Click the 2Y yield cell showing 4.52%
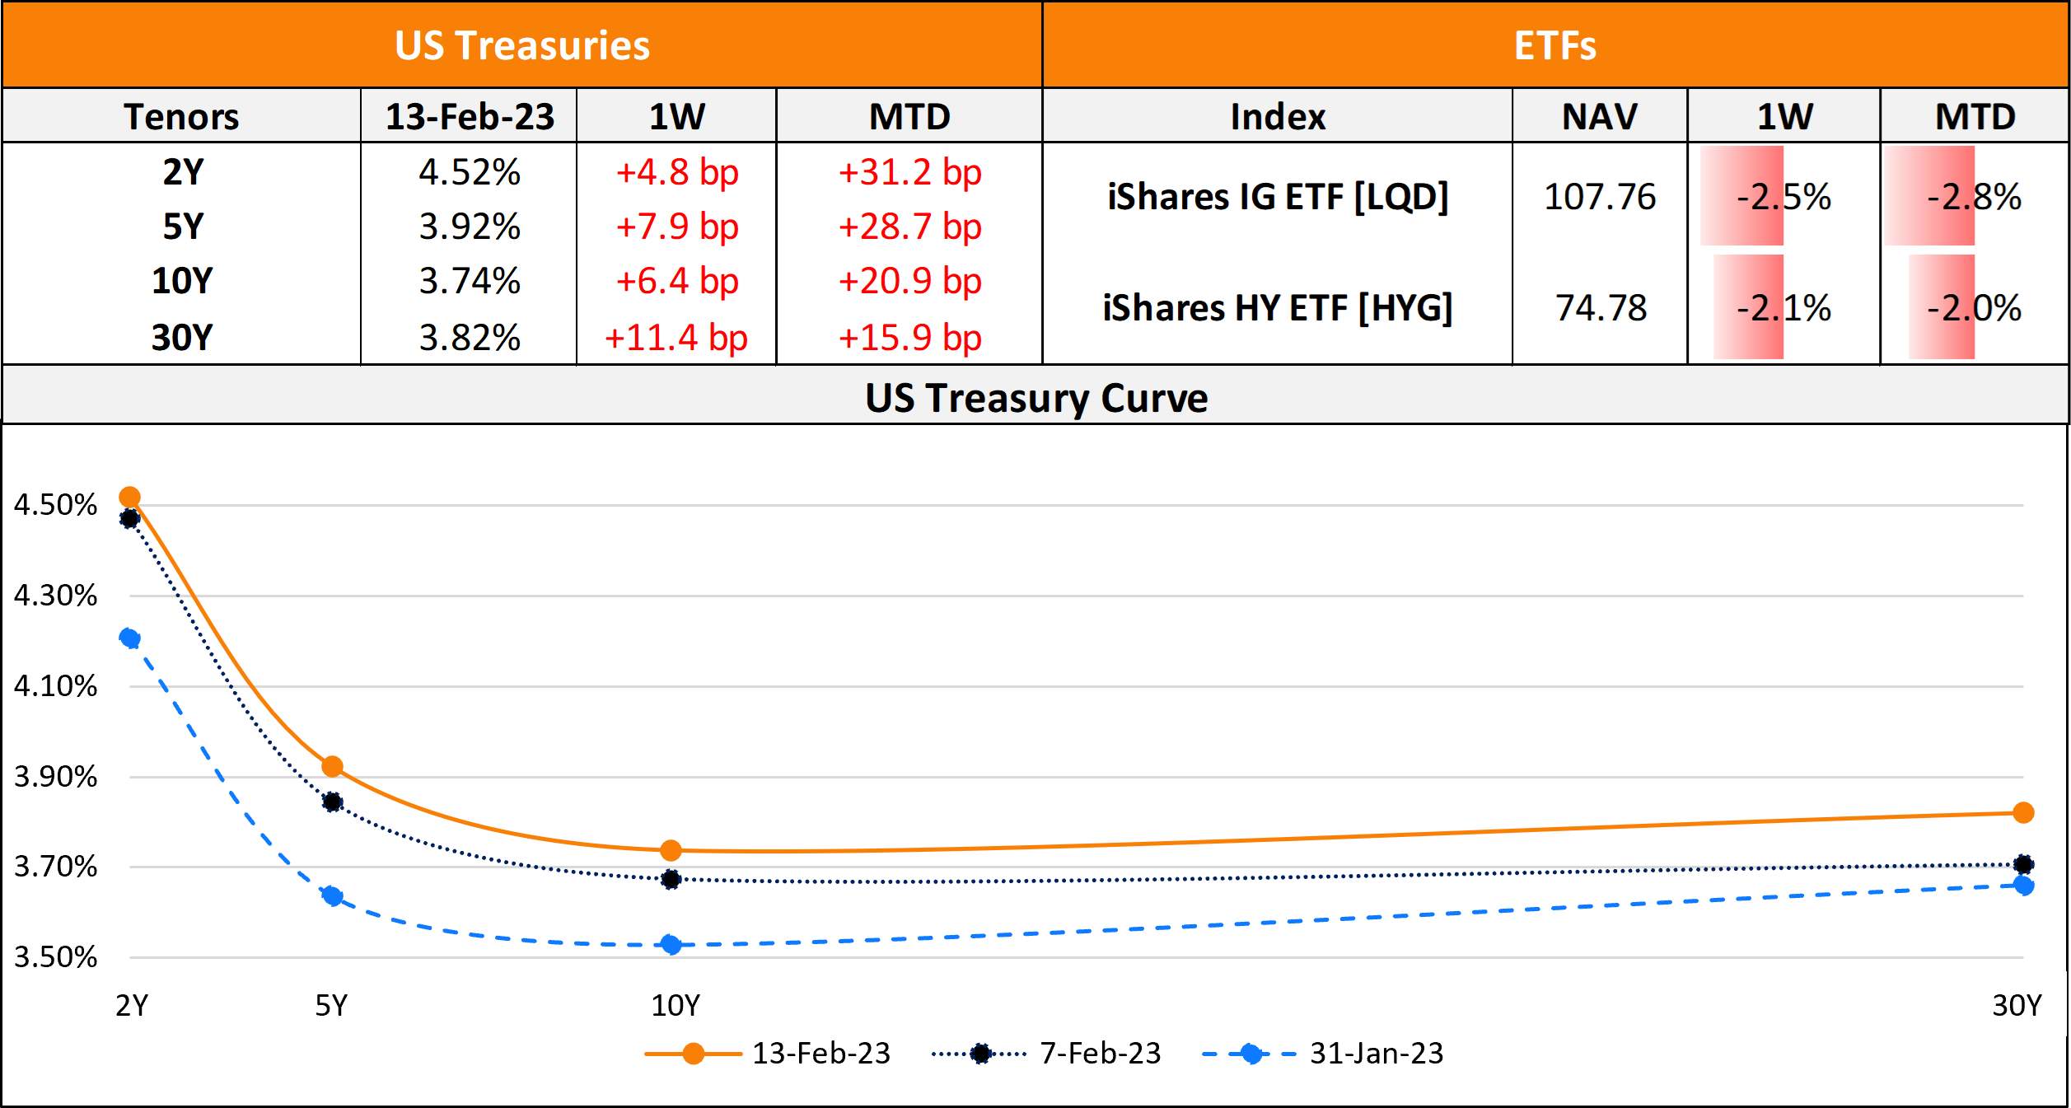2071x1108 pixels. [470, 173]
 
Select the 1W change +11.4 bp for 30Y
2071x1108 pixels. [676, 338]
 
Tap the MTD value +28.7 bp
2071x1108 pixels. [909, 227]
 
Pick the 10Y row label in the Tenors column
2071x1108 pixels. [182, 281]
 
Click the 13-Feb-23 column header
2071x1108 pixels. [470, 116]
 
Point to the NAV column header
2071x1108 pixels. [1599, 116]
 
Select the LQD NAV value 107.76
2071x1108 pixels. [1599, 197]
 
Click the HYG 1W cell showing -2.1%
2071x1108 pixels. [1783, 308]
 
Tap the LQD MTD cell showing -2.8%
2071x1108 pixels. [1974, 197]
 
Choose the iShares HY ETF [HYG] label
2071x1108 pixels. [1277, 308]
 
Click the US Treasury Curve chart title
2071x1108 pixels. [1035, 398]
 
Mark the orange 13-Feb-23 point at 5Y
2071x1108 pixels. [332, 767]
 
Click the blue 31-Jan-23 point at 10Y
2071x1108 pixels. [671, 944]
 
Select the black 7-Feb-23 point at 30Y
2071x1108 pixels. [2023, 864]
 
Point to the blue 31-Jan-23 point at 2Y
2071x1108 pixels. [129, 638]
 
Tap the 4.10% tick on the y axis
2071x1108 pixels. [55, 686]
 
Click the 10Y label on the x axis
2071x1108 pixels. [675, 1005]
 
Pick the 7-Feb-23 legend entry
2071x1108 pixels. [1099, 1053]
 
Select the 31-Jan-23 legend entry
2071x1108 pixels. [1376, 1053]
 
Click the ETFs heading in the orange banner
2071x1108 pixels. [1554, 45]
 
